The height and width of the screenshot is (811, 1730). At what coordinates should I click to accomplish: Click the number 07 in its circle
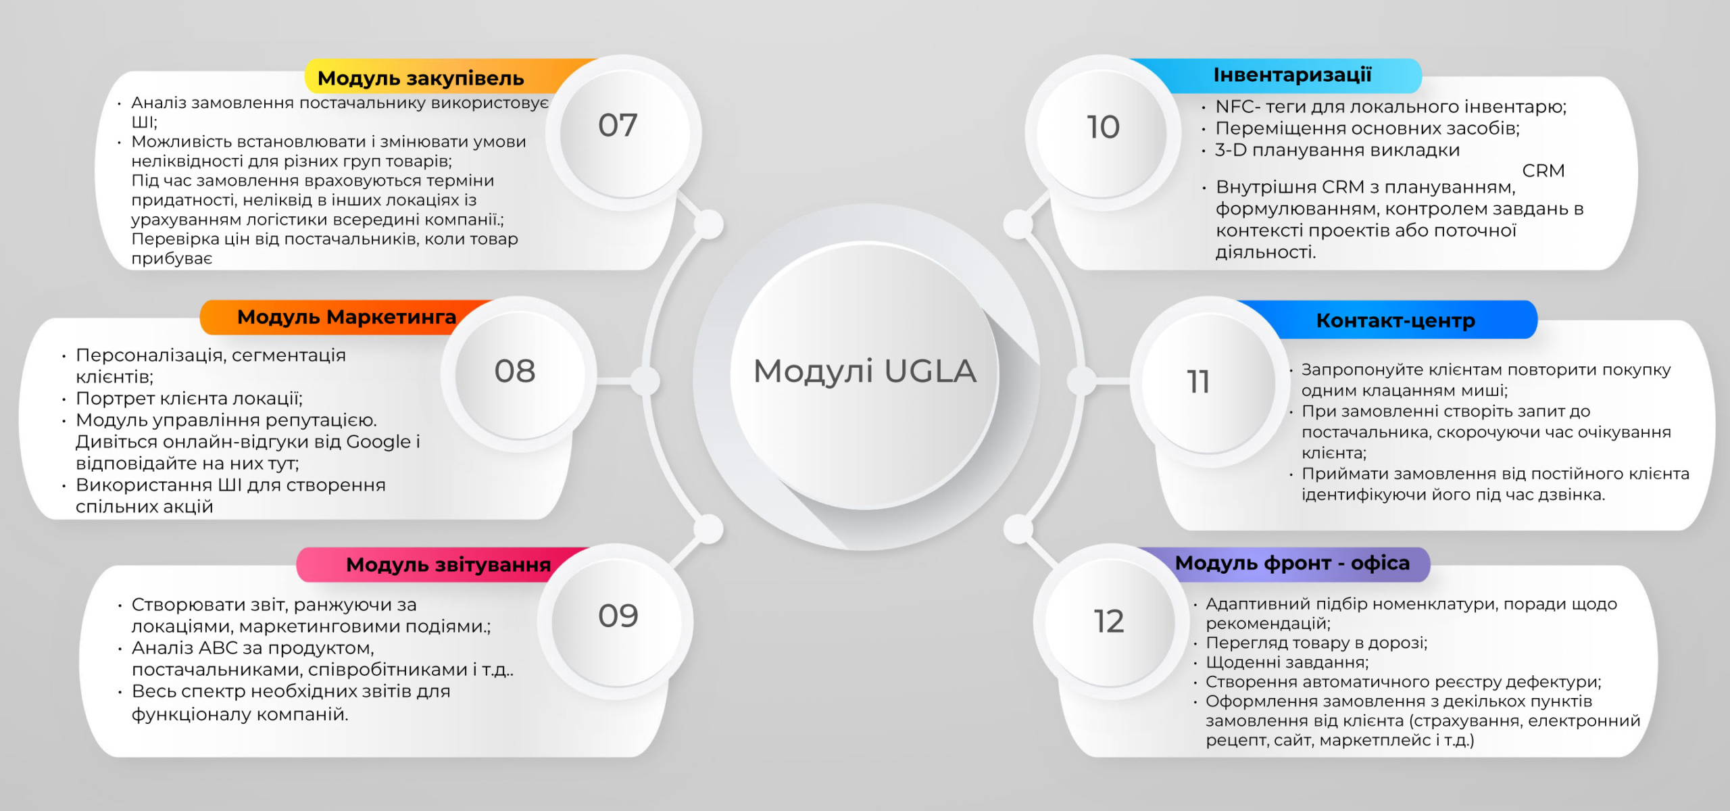[x=618, y=126]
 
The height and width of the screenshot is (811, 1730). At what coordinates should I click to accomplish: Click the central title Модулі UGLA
[x=865, y=371]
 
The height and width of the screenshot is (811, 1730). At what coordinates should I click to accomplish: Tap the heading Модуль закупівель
[x=420, y=78]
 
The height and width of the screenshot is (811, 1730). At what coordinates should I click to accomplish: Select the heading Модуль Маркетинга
[x=347, y=317]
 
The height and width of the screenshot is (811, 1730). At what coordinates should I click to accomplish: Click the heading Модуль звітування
[x=448, y=564]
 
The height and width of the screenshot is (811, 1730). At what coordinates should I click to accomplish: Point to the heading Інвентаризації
[x=1292, y=75]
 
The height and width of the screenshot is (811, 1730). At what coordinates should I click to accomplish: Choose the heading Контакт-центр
[x=1395, y=320]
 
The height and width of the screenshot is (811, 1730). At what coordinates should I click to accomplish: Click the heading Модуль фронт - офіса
[x=1292, y=563]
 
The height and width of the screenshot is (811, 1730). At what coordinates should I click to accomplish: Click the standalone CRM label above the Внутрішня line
[x=1543, y=170]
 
